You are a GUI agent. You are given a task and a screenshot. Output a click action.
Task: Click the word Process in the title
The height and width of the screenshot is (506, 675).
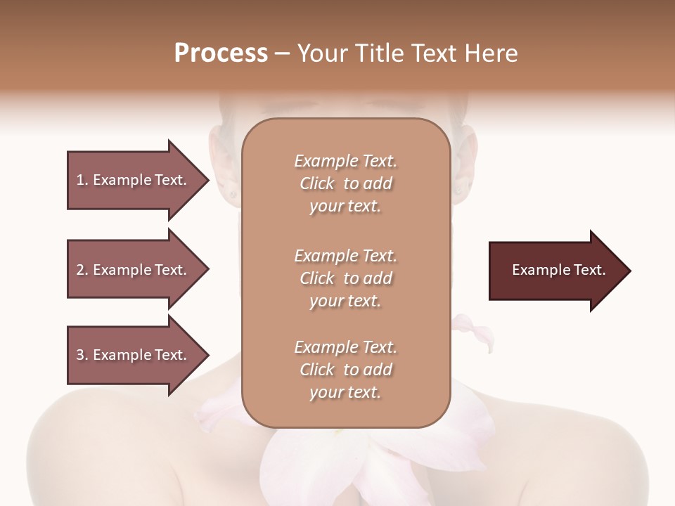point(221,53)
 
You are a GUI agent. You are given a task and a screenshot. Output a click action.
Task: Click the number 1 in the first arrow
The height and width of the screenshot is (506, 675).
point(80,180)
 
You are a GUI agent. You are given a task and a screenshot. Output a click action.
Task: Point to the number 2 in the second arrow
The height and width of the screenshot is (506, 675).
point(80,270)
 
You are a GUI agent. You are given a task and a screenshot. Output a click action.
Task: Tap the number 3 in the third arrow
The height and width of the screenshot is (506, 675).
point(80,355)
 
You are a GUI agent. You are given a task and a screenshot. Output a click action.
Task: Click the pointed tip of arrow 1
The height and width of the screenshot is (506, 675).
point(206,180)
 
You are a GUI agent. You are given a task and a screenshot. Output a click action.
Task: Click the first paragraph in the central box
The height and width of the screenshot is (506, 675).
point(345,183)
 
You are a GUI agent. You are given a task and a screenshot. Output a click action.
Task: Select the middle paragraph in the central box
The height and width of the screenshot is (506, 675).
point(345,278)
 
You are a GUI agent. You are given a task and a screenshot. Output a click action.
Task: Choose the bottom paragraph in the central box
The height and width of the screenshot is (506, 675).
point(345,370)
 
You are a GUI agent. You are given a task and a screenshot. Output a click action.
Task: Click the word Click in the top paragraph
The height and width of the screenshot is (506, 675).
point(317,184)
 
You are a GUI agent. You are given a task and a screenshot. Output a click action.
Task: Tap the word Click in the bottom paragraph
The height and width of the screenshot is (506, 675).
point(317,370)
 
